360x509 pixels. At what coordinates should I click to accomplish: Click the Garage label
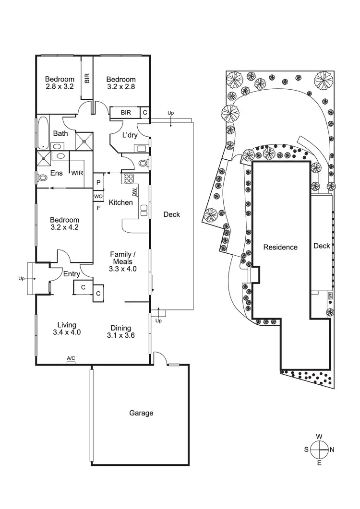point(141,413)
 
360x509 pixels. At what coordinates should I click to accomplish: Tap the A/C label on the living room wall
point(71,358)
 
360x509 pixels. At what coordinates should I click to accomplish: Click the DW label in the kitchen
point(135,192)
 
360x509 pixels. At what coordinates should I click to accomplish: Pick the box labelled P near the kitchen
point(98,182)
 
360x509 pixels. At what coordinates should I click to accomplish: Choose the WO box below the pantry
point(98,196)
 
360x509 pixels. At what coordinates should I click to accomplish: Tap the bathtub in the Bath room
point(43,131)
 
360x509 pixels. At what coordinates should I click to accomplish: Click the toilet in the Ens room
point(42,178)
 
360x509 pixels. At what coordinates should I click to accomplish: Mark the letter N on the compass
point(332,450)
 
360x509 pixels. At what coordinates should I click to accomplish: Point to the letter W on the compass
point(319,436)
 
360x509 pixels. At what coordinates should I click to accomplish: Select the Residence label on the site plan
point(280,248)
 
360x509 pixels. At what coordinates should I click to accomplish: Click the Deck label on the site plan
point(322,246)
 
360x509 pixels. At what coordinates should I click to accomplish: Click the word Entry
point(72,274)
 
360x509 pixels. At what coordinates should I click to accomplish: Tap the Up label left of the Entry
point(21,278)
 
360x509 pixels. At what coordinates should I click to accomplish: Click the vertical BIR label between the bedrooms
point(87,78)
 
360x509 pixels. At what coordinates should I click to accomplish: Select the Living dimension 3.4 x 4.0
point(66,332)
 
